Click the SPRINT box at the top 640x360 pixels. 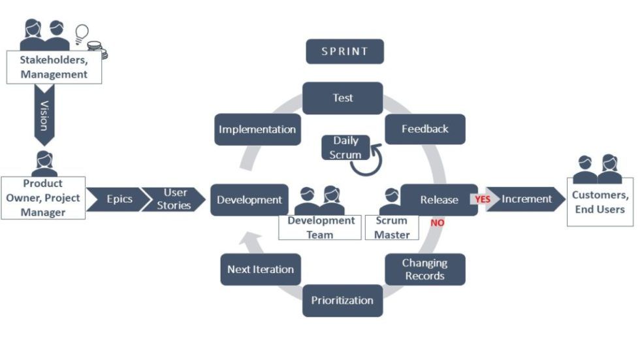344,52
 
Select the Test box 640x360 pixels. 342,98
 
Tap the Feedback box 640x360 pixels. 424,129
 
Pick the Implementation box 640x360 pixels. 257,129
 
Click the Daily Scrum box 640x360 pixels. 345,148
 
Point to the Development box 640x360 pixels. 249,200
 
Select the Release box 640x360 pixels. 438,200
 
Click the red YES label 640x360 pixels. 482,199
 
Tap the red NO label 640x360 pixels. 437,223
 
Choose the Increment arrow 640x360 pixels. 526,199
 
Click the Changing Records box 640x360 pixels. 424,269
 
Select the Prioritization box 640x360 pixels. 342,301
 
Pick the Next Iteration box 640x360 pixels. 260,269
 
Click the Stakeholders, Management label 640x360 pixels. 54,67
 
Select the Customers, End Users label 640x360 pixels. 600,203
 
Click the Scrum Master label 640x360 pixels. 391,227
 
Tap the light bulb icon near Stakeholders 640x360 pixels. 82,32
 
